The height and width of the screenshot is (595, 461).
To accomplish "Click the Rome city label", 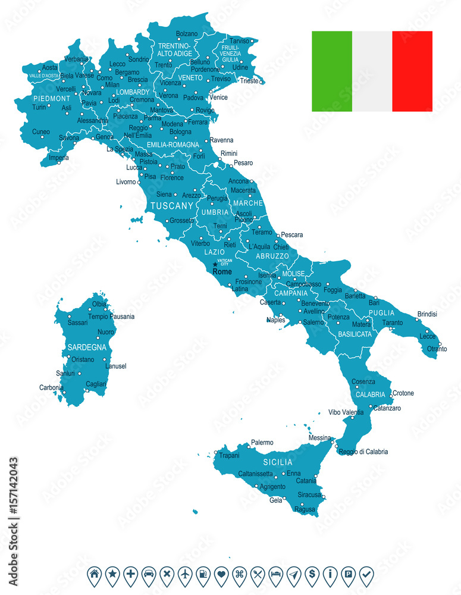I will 222,272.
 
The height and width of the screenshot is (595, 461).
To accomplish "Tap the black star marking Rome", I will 215,265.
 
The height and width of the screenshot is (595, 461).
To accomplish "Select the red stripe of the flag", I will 412,71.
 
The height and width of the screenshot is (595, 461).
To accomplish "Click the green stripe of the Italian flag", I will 332,71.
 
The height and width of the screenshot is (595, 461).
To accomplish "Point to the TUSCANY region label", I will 172,206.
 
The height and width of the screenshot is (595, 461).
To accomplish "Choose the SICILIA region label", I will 278,462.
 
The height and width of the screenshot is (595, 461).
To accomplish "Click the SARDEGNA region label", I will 87,347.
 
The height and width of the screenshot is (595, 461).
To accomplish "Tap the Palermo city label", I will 262,443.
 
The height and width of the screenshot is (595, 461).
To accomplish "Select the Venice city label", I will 218,97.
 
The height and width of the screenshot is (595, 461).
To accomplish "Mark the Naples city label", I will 275,320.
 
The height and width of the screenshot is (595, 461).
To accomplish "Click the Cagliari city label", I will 96,384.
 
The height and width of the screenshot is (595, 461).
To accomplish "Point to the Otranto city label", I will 437,349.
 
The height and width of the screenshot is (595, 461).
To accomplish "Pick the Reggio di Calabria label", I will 363,452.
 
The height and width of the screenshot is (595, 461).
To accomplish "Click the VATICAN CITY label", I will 224,262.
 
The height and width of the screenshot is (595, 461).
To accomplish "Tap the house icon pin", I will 94,574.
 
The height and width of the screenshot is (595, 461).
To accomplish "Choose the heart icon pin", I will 221,574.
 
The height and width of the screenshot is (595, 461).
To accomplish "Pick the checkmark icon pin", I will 366,574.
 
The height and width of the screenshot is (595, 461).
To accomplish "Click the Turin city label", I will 39,107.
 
